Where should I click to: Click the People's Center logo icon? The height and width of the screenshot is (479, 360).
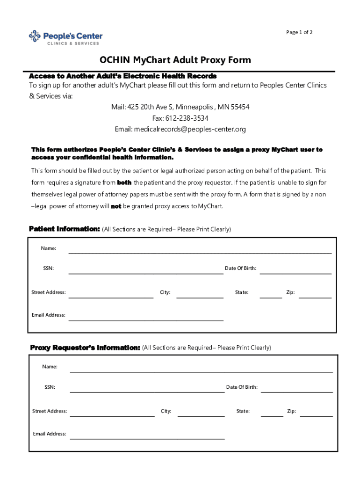[x=35, y=36]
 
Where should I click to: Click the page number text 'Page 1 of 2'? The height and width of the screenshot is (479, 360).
[x=299, y=32]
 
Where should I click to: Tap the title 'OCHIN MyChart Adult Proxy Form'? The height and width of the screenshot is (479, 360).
[x=175, y=60]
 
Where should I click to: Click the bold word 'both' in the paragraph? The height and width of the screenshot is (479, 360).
[x=124, y=182]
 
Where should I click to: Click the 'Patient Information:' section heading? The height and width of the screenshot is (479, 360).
[x=65, y=229]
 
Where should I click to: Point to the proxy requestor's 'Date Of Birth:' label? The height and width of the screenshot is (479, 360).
[x=242, y=387]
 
